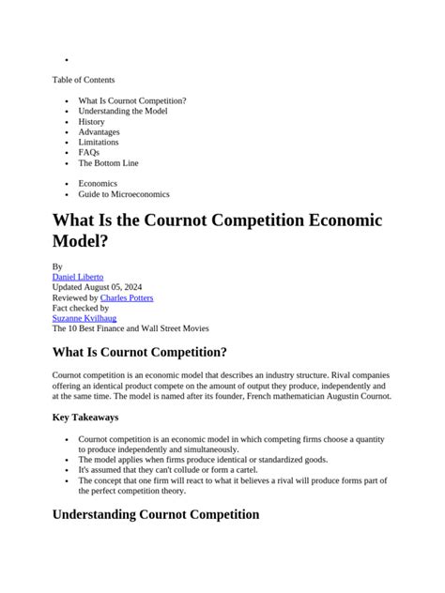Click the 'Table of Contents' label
click(84, 80)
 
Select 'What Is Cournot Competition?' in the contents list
click(131, 100)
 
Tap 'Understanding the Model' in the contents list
click(122, 111)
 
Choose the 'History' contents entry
click(91, 121)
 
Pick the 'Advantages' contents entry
click(99, 131)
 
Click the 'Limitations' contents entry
click(99, 142)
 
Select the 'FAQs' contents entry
click(88, 152)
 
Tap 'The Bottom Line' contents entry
click(108, 162)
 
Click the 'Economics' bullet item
click(98, 183)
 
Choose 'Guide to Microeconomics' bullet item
click(124, 194)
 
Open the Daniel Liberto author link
click(78, 277)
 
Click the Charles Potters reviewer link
click(127, 297)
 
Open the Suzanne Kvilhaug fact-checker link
click(84, 318)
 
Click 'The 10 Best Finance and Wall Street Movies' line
click(130, 328)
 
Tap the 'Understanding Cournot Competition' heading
click(155, 514)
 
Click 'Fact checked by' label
click(81, 308)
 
